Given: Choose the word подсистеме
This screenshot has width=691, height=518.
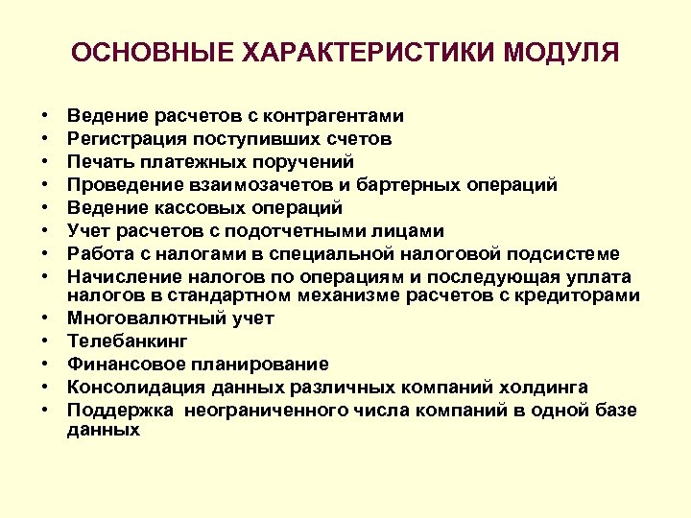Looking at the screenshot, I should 564,253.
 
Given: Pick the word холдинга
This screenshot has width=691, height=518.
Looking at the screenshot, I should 550,387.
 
